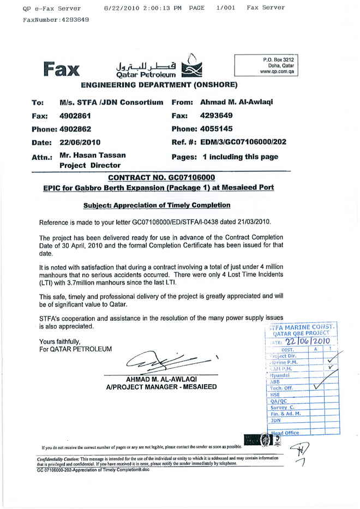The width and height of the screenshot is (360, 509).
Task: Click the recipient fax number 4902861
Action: coord(75,116)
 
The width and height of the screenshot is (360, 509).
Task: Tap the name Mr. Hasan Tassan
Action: coord(92,155)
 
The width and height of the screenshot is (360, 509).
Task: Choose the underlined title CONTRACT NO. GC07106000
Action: coord(161,177)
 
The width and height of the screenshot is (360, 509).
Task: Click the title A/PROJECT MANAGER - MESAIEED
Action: coord(161,387)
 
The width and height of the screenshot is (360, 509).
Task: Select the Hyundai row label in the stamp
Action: coord(283,375)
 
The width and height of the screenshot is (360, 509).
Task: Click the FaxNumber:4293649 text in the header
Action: coord(56,20)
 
